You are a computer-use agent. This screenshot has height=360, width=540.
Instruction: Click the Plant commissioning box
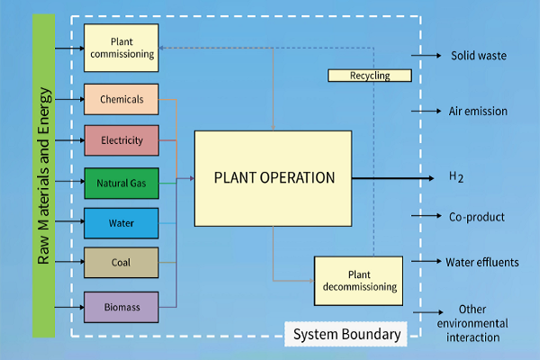click(x=121, y=48)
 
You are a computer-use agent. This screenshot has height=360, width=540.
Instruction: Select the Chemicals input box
click(x=121, y=99)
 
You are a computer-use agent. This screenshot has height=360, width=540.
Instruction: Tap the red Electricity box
click(x=121, y=140)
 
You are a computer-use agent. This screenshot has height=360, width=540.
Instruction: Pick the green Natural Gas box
click(x=121, y=184)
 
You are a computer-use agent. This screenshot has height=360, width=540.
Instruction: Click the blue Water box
click(x=121, y=222)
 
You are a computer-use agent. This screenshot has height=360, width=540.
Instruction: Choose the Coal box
click(x=121, y=262)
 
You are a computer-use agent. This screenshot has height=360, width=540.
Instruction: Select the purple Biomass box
click(x=121, y=307)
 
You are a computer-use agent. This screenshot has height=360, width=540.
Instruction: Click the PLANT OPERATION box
click(x=273, y=177)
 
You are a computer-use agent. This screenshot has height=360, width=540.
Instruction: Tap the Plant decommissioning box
click(x=357, y=281)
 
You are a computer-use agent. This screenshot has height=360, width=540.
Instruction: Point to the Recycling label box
click(x=369, y=76)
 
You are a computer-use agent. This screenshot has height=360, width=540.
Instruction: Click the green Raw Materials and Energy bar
click(x=43, y=175)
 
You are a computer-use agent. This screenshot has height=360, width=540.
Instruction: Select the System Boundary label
click(x=346, y=335)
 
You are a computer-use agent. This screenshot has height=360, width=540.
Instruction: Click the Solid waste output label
click(x=478, y=56)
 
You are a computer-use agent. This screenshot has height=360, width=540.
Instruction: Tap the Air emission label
click(x=478, y=112)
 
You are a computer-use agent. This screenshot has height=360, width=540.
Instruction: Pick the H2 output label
click(x=456, y=176)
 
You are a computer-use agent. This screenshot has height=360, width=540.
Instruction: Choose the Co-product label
click(x=476, y=217)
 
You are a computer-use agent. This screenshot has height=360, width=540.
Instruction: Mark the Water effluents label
click(x=482, y=263)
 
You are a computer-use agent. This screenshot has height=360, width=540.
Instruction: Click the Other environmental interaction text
click(x=472, y=323)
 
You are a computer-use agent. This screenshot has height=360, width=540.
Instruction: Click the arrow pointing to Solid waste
click(x=426, y=56)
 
